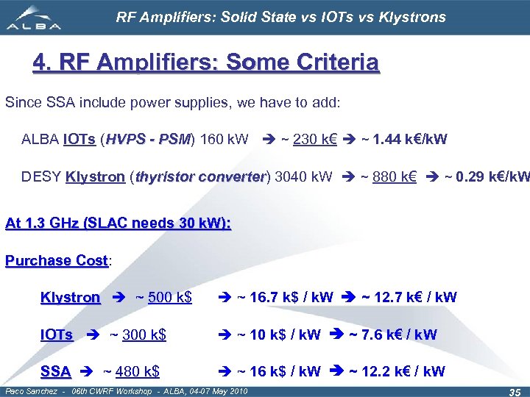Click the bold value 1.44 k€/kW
(x=409, y=138)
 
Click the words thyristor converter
(x=200, y=176)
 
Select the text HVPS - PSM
(x=148, y=138)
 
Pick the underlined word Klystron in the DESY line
(x=95, y=176)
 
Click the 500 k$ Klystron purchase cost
(x=170, y=298)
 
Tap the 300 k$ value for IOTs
(x=144, y=335)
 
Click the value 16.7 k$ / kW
(x=284, y=298)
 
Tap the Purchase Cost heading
(x=57, y=260)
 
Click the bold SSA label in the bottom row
(x=56, y=371)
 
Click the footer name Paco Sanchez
(x=29, y=390)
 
